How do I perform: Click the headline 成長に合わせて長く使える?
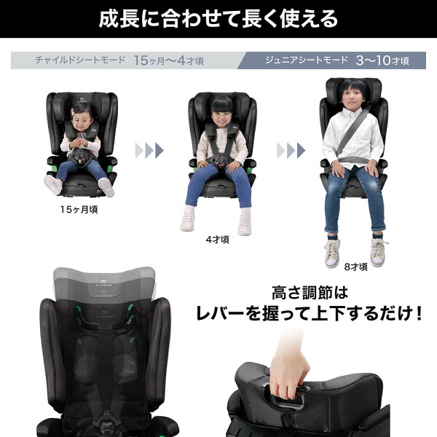[x=219, y=19]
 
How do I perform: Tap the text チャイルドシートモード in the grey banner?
[x=80, y=60]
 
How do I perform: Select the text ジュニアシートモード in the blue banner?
[x=307, y=60]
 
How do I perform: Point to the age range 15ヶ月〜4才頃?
[x=169, y=60]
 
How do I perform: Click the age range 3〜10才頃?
[x=382, y=60]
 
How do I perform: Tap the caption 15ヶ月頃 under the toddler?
[x=79, y=210]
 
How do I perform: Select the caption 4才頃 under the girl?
[x=217, y=240]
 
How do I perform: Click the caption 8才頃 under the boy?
[x=356, y=267]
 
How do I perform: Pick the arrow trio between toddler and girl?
[x=149, y=151]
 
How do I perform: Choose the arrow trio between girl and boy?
[x=291, y=151]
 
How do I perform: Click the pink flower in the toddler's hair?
[x=73, y=111]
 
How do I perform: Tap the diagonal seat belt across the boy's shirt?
[x=354, y=130]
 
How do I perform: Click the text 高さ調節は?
[x=310, y=294]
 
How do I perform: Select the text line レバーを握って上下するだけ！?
[x=310, y=314]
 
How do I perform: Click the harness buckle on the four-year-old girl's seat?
[x=221, y=162]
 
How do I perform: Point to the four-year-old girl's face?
[x=221, y=117]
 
